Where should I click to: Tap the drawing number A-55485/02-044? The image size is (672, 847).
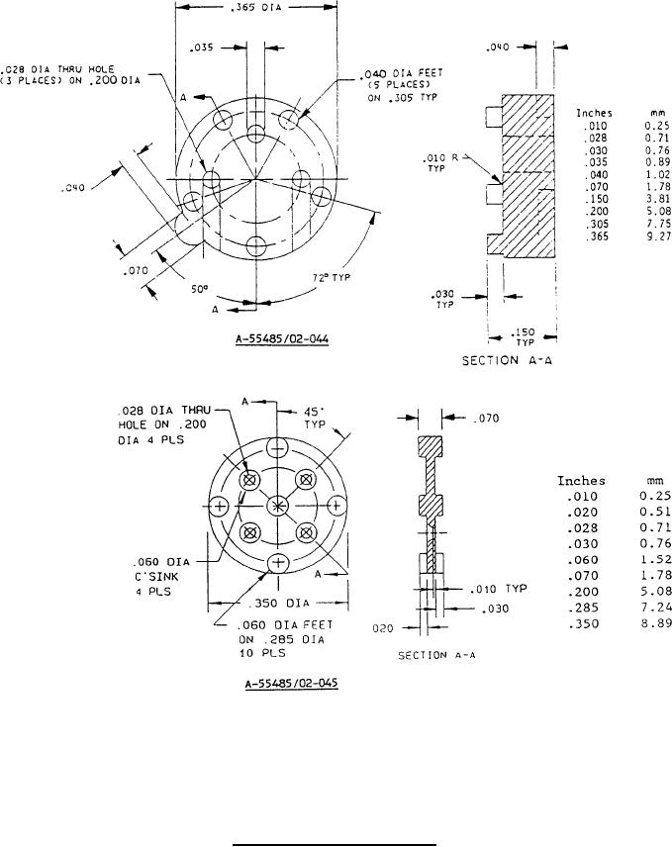point(281,339)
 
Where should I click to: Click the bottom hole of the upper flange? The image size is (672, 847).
point(255,244)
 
